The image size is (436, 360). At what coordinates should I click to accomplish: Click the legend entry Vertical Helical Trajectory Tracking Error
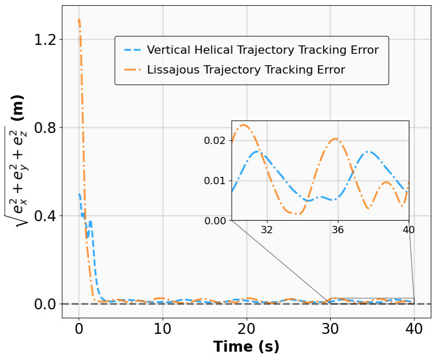click(x=262, y=51)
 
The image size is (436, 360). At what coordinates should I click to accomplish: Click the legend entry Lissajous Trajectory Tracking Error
click(x=246, y=69)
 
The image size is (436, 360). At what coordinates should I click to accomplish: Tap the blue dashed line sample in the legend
click(x=133, y=51)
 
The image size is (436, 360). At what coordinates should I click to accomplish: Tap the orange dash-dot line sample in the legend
click(x=133, y=69)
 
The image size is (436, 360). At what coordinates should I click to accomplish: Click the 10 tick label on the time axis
click(x=162, y=330)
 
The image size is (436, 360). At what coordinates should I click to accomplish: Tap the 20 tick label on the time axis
click(x=246, y=330)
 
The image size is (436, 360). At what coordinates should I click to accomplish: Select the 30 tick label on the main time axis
click(x=330, y=330)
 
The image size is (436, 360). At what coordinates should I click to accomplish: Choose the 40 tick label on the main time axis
click(x=414, y=330)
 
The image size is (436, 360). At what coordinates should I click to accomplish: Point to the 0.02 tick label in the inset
click(x=216, y=140)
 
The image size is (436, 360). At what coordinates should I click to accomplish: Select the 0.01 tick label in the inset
click(x=216, y=181)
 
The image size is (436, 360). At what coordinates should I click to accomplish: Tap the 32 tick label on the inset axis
click(x=267, y=230)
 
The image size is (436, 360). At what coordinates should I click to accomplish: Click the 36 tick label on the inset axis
click(x=338, y=230)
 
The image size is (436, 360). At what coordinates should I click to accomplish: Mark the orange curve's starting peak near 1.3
click(x=79, y=20)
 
